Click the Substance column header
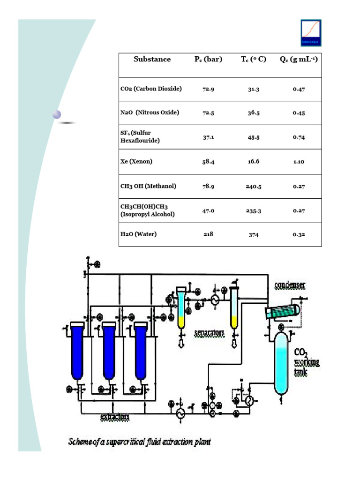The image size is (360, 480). coord(152,60)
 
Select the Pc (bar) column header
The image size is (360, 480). coord(209,60)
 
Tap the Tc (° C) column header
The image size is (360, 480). coord(254,60)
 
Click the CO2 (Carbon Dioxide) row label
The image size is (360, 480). coord(150,89)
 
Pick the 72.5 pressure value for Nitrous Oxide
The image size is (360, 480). coord(209,113)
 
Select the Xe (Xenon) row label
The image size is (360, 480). coord(136,161)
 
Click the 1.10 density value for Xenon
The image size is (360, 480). coord(299,162)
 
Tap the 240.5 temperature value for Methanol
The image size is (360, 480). coord(254,187)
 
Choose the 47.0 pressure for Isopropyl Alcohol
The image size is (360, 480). coord(209,211)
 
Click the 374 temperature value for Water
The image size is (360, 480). coord(254,235)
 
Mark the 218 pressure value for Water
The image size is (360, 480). coord(209,234)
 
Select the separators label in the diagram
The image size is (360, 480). coord(209,333)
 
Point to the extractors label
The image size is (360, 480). coord(114,416)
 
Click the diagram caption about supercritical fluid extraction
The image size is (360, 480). coord(139,442)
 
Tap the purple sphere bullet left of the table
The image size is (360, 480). coord(57,114)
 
